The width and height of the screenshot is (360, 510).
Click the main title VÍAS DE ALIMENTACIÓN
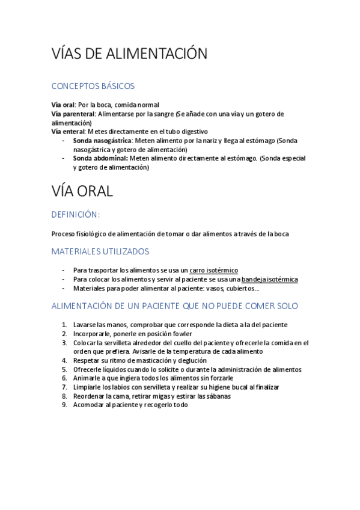tap(129, 54)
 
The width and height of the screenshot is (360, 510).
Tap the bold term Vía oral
tap(63, 105)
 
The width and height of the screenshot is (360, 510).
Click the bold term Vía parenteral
tap(73, 114)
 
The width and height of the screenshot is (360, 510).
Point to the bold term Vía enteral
tap(69, 131)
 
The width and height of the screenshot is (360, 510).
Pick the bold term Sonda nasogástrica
tap(102, 141)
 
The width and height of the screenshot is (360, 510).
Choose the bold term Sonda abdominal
tap(100, 158)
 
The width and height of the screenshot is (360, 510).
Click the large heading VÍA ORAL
tap(82, 191)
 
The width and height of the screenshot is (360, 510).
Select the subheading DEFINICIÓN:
tap(76, 214)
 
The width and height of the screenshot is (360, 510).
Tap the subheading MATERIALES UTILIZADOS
tap(100, 251)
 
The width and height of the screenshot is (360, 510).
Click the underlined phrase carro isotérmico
tap(213, 271)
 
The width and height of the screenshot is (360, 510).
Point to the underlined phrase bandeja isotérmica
tap(269, 280)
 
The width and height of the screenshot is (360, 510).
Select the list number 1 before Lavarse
tap(64, 325)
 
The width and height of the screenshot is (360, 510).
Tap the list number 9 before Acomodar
tap(64, 405)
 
